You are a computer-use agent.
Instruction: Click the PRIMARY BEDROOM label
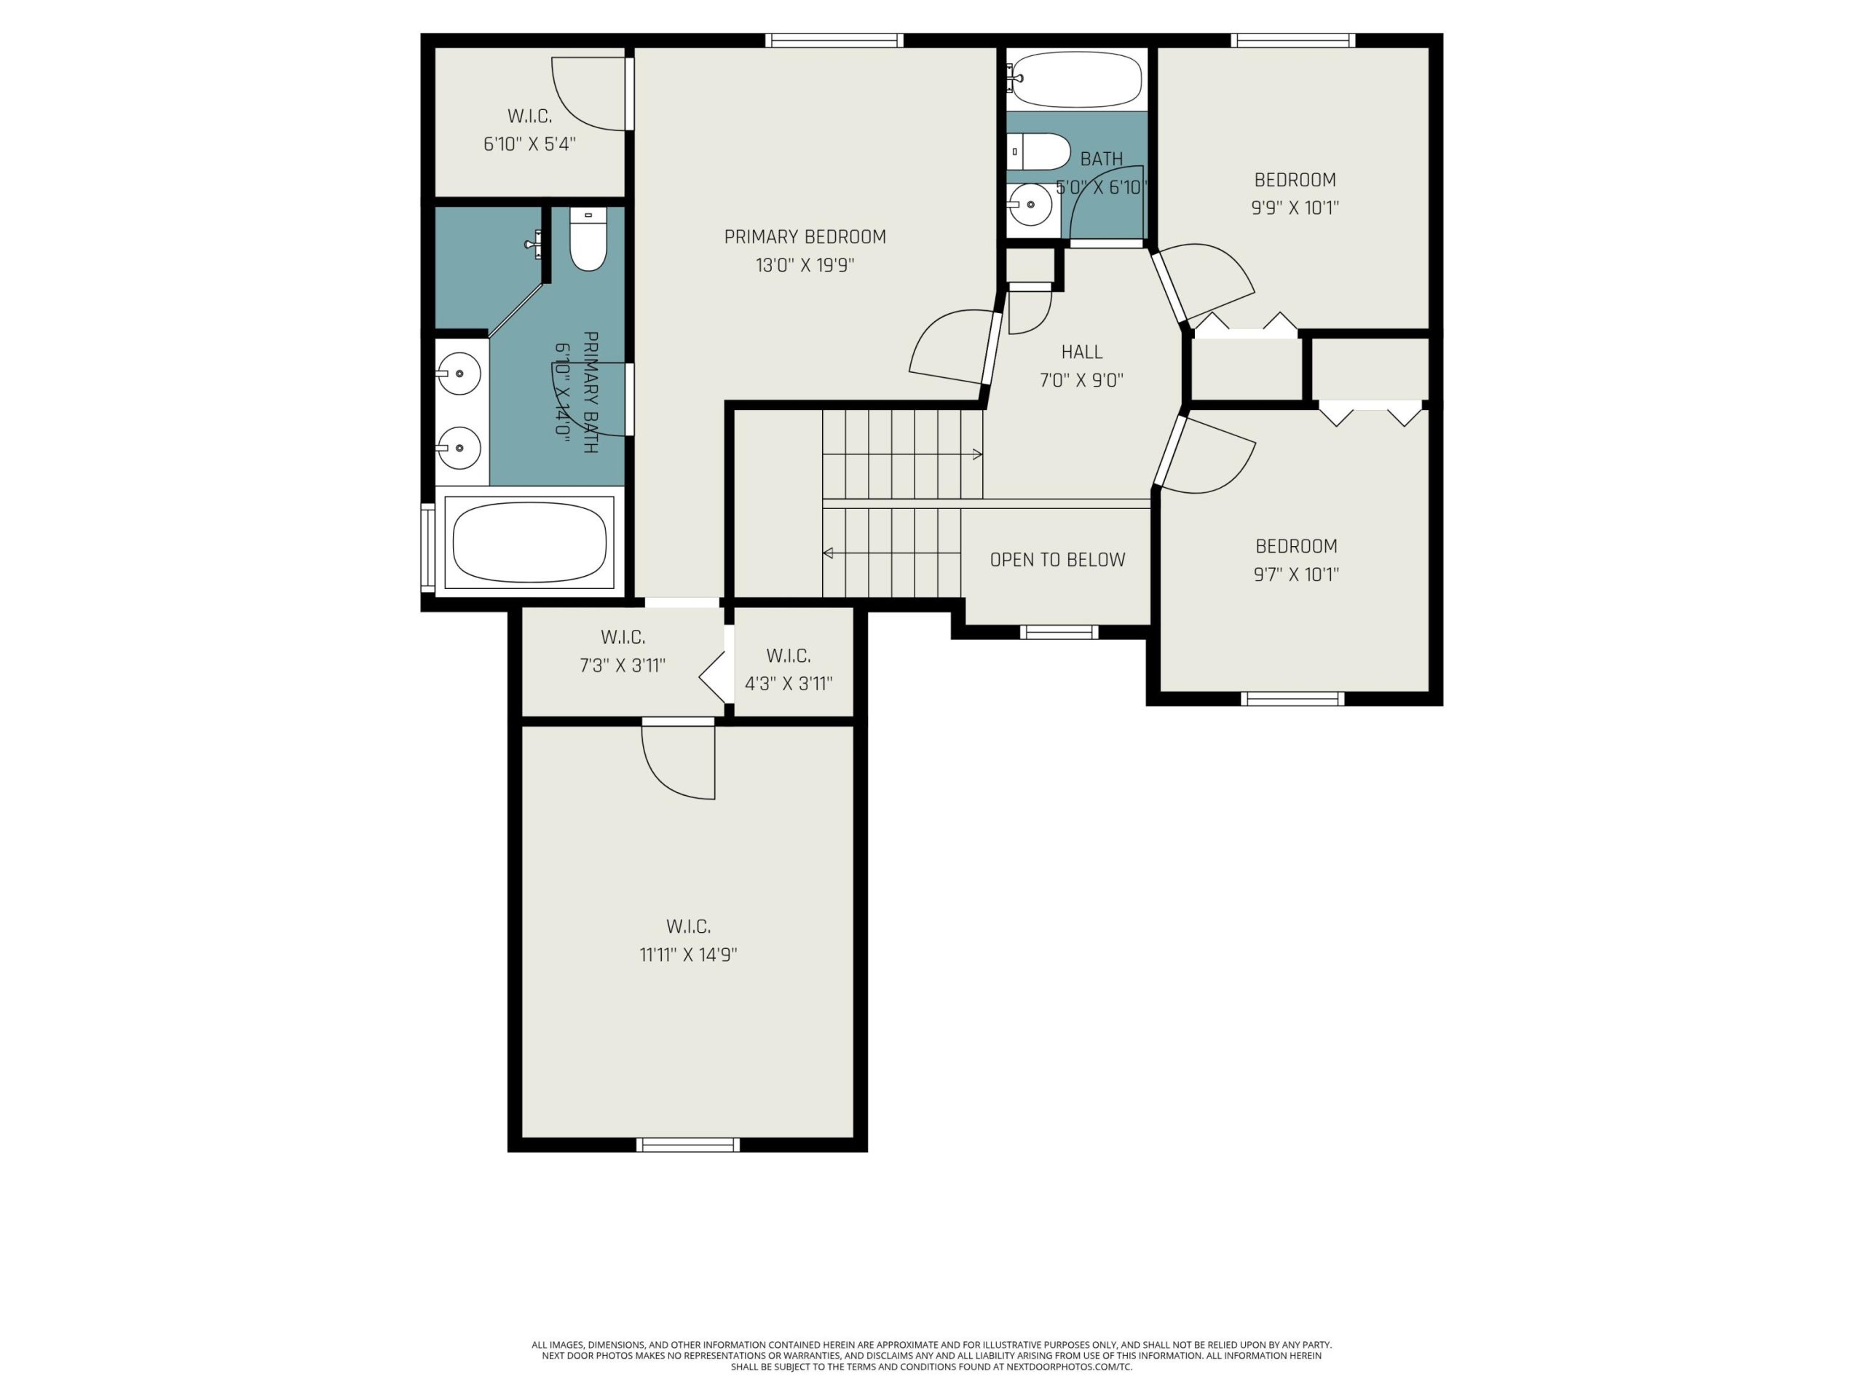pos(805,237)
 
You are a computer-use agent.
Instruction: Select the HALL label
pos(1082,352)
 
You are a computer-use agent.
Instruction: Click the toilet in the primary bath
pos(588,240)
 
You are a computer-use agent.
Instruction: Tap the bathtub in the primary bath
pos(529,542)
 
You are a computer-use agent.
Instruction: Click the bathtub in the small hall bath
pos(1077,79)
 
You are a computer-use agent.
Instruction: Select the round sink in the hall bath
pos(1030,205)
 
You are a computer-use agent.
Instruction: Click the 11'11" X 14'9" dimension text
pos(689,955)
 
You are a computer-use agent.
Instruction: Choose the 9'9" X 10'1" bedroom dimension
pos(1295,208)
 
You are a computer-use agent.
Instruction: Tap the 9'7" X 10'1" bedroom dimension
pos(1296,574)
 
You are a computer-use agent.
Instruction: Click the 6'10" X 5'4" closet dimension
pos(529,144)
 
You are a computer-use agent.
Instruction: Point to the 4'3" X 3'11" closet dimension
pos(789,684)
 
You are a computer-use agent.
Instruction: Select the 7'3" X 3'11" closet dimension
pos(623,666)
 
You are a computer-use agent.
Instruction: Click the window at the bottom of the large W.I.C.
pos(689,1145)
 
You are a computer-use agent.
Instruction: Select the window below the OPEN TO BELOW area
pos(1059,632)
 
